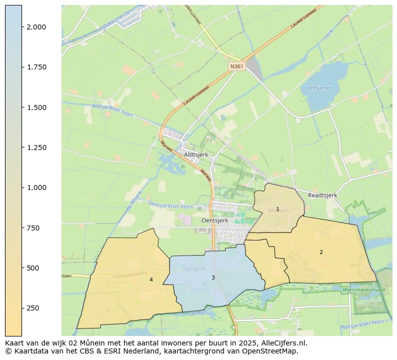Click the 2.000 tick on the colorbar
[36, 27]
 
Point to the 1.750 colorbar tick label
[36, 67]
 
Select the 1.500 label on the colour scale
[36, 107]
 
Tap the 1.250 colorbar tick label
[36, 147]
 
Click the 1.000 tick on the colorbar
[36, 187]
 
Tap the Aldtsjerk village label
[196, 155]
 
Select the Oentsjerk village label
[214, 220]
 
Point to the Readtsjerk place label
[322, 195]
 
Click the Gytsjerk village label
[194, 268]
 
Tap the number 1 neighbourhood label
[277, 209]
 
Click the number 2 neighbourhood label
[321, 252]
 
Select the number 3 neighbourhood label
[213, 277]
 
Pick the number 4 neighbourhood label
[151, 280]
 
